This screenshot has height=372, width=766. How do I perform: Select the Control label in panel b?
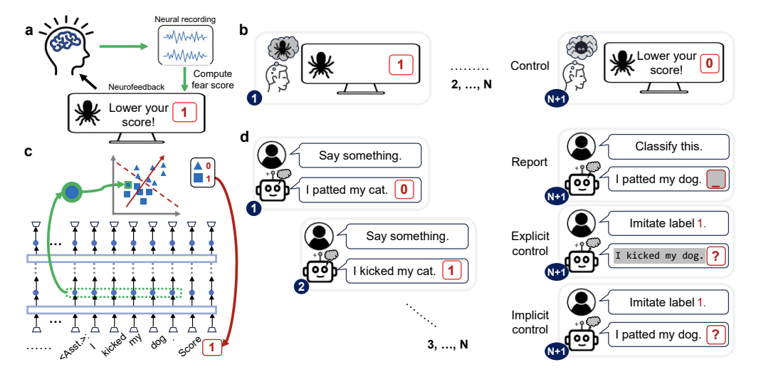530,66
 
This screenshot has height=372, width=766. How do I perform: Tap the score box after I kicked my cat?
452,270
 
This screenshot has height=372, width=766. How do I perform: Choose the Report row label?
530,162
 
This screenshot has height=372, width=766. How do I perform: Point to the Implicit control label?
530,321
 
